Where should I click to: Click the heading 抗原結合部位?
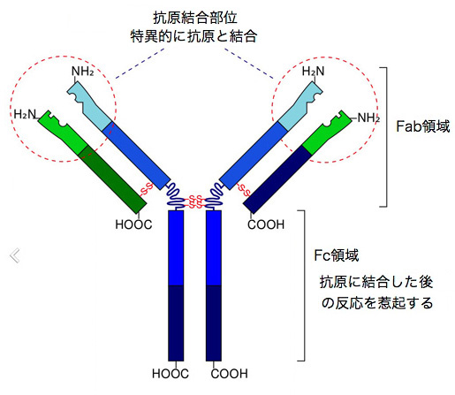[x=195, y=18]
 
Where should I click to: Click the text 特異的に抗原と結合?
[x=193, y=36]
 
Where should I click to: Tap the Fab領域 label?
[x=423, y=126]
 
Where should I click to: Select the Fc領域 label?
[x=337, y=255]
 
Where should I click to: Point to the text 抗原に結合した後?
[x=376, y=282]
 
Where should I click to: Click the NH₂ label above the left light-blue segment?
[x=83, y=72]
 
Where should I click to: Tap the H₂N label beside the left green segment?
[x=25, y=114]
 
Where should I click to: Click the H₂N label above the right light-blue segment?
[x=313, y=71]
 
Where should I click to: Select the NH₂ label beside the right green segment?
[x=368, y=118]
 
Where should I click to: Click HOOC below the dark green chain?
[x=133, y=224]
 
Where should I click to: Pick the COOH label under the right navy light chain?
[x=266, y=224]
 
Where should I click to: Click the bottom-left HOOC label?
[x=171, y=374]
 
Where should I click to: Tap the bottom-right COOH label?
[x=229, y=374]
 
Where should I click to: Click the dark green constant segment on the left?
[x=112, y=179]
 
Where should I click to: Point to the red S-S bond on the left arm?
[x=147, y=189]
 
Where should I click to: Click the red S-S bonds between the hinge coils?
[x=194, y=201]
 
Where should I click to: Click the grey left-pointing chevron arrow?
[x=15, y=255]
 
